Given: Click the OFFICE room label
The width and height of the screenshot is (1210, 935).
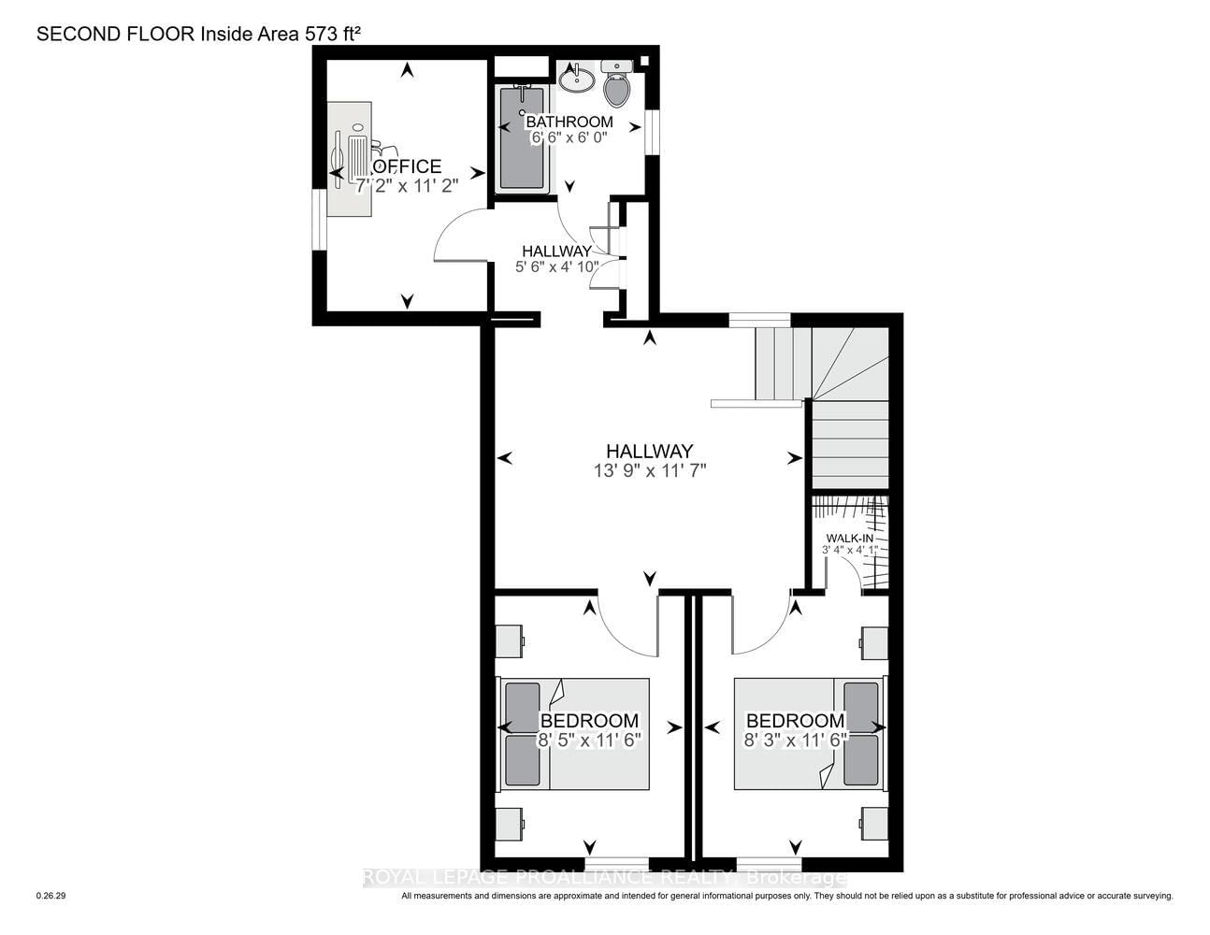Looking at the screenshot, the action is [407, 165].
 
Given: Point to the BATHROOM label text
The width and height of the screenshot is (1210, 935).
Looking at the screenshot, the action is [569, 122].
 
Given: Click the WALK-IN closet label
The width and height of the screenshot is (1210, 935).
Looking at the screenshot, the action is [850, 539].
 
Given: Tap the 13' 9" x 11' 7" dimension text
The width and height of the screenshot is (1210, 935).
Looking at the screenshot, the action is [649, 471].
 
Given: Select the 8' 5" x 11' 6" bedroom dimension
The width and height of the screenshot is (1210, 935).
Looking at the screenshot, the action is [590, 740].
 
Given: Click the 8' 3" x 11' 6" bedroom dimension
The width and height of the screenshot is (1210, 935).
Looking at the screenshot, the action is [795, 740].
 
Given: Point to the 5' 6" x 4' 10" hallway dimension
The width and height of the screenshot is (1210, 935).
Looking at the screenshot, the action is [556, 266].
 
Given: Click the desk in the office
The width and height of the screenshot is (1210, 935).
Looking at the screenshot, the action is [349, 159].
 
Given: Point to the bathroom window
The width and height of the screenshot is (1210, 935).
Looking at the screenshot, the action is [651, 131].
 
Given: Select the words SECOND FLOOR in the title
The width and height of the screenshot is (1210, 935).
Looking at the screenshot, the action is [116, 34].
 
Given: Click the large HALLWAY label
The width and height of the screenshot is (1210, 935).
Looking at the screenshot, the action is [649, 451].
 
